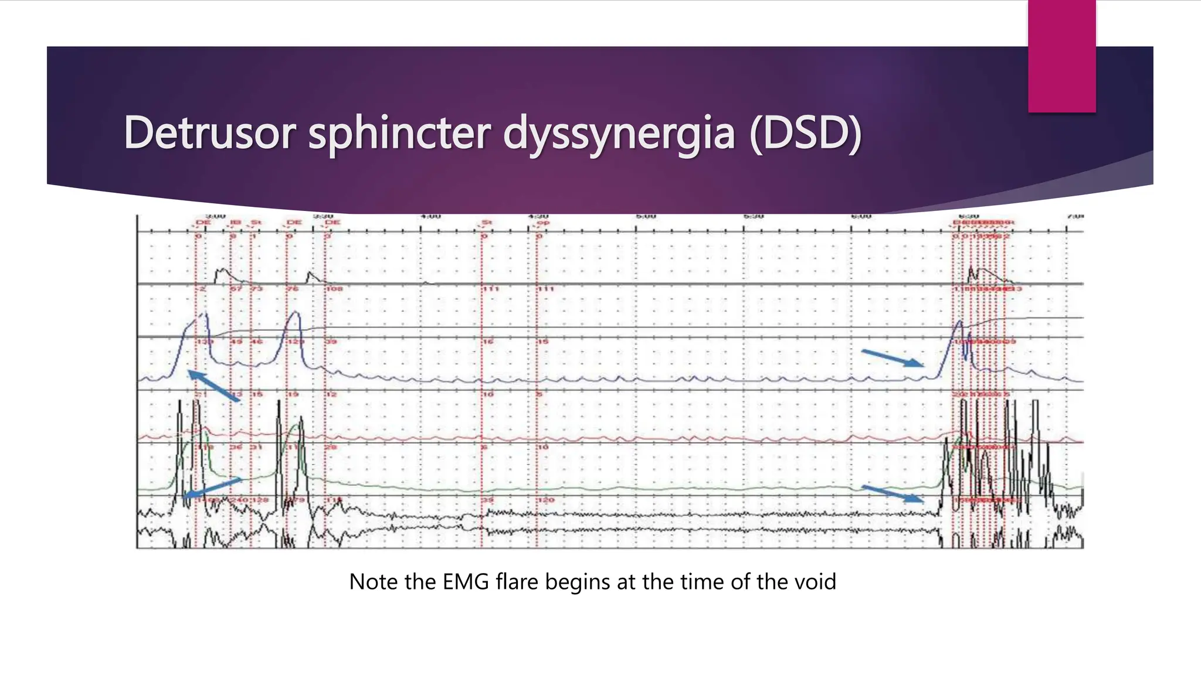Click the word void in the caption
point(815,582)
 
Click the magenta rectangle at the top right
point(1061,56)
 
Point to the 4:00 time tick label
point(431,217)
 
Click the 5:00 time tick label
point(646,217)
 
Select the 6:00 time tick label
point(861,217)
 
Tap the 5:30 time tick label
point(754,217)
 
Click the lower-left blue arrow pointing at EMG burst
point(212,487)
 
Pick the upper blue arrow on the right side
point(892,358)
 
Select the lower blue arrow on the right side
point(892,493)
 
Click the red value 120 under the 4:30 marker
point(546,500)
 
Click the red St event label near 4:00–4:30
point(486,223)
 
